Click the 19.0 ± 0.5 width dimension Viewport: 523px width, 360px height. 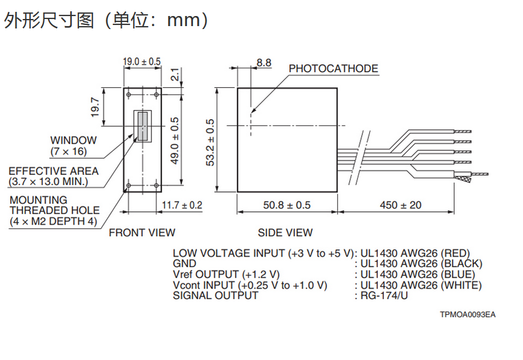[142, 61]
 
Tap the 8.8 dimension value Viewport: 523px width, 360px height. [264, 62]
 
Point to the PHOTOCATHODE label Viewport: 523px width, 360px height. [333, 69]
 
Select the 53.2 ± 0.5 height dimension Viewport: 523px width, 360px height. [210, 143]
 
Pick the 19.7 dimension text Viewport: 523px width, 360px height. [95, 107]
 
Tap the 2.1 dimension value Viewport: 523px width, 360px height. [175, 75]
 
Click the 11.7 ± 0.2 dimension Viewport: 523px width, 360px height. [182, 205]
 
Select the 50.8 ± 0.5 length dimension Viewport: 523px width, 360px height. [287, 205]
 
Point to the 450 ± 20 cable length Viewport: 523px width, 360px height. [401, 205]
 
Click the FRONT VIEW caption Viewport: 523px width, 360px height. [142, 233]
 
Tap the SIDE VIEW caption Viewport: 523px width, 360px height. [285, 233]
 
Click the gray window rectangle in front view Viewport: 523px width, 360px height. [142, 125]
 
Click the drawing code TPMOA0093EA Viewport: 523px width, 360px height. [467, 314]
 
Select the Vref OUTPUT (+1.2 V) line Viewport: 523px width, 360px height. [226, 274]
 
